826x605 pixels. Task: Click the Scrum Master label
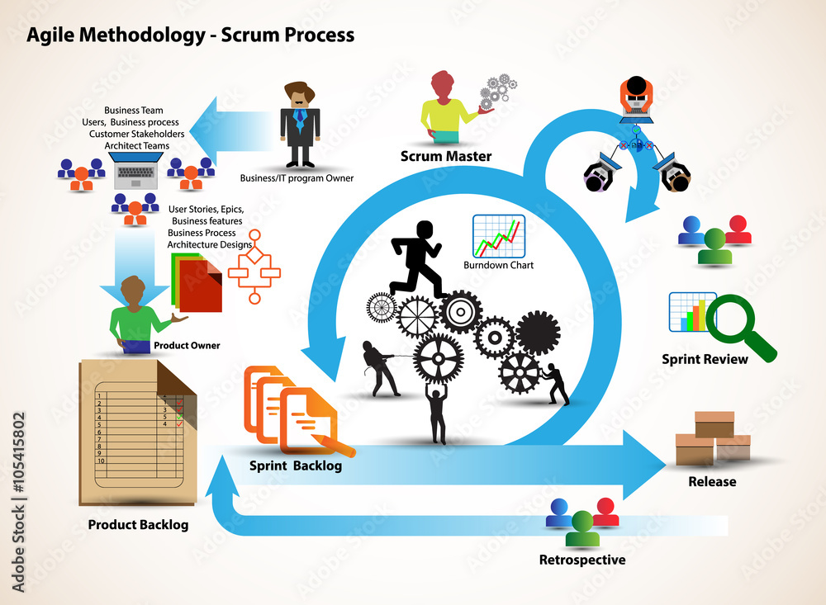point(445,156)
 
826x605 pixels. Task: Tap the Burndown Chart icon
point(498,236)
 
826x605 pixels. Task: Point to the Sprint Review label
point(705,359)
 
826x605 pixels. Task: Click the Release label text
point(712,481)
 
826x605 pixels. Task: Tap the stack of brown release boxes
point(712,438)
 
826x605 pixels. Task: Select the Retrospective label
point(582,560)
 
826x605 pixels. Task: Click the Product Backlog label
point(138,525)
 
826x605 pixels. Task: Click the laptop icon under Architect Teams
point(136,173)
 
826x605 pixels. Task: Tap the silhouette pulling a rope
point(381,367)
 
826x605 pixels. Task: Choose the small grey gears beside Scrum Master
point(499,89)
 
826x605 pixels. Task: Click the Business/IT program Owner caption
point(297,178)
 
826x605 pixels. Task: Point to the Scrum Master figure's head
point(443,84)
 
